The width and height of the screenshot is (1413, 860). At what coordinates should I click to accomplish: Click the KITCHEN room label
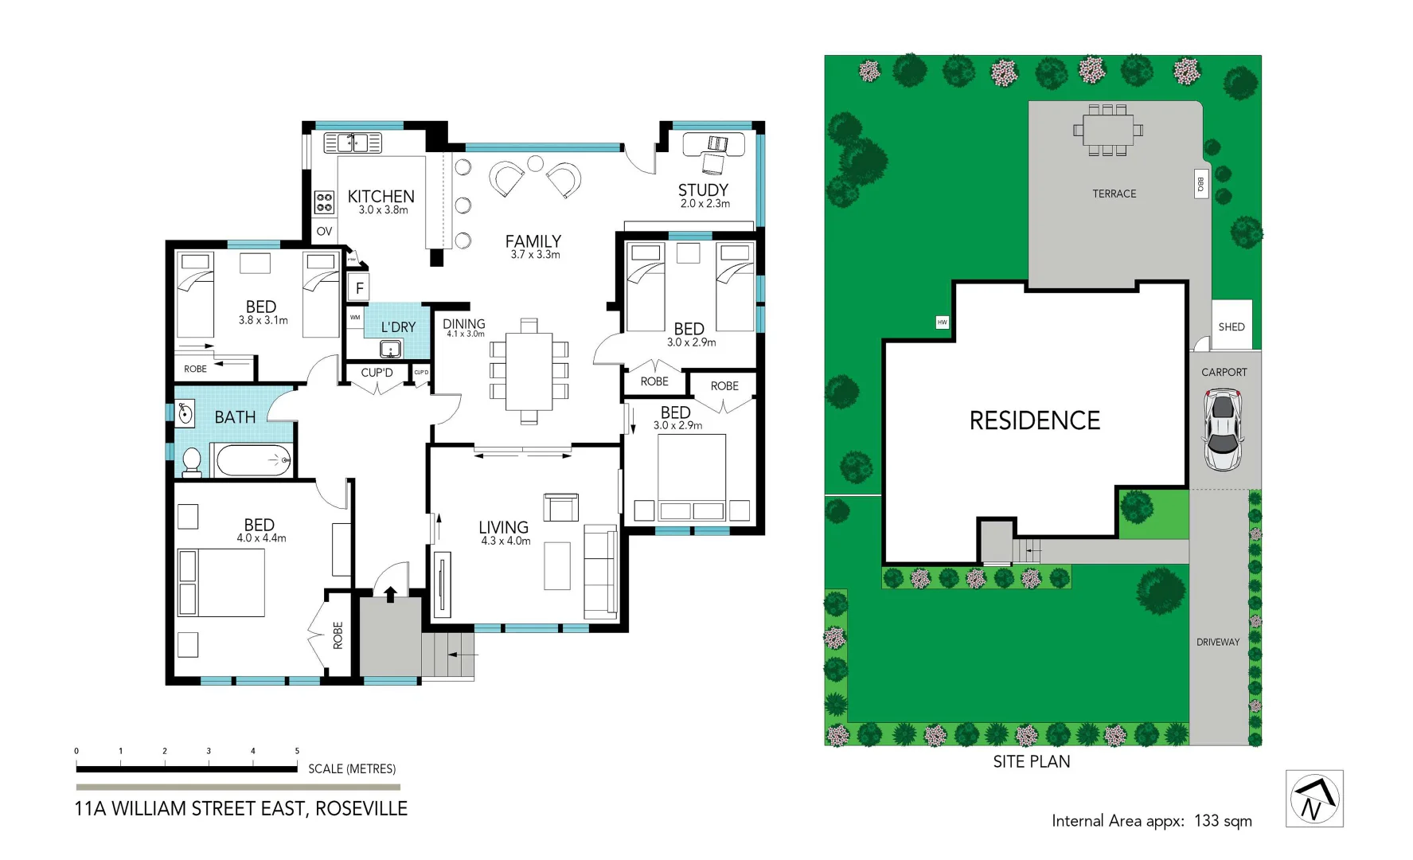pos(381,197)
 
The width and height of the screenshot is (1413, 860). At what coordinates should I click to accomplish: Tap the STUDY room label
pos(703,190)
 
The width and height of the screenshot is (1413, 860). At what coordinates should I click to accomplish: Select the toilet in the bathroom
pos(192,462)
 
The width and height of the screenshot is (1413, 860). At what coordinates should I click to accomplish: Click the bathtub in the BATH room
pos(254,460)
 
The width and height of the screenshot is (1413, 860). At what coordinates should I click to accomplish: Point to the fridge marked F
pos(359,288)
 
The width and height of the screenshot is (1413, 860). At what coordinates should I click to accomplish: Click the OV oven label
pos(324,232)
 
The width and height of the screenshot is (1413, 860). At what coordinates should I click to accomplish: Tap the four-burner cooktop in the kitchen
pos(324,202)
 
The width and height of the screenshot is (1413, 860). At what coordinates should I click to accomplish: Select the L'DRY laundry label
pos(398,327)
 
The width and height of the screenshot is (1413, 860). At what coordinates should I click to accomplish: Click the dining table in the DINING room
pos(529,370)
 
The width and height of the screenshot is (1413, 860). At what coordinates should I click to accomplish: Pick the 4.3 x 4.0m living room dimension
pos(505,541)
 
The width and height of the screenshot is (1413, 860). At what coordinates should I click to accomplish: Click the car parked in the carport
pos(1223,430)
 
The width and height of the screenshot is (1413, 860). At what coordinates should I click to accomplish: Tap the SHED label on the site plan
pos(1231,327)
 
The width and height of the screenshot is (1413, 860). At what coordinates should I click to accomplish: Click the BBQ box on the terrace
pos(1200,184)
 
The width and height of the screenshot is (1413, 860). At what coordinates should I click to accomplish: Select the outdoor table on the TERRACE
pos(1107,130)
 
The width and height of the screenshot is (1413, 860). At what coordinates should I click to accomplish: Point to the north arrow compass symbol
pos(1314,799)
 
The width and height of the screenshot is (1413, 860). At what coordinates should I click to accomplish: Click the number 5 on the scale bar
pos(297,751)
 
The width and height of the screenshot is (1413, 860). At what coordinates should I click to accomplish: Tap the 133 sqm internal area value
pos(1223,821)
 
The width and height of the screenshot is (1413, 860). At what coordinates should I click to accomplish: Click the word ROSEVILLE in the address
pos(361,809)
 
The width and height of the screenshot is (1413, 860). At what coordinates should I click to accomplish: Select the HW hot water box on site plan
pos(943,322)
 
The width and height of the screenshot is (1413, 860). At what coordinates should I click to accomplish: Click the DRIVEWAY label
pos(1218,642)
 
